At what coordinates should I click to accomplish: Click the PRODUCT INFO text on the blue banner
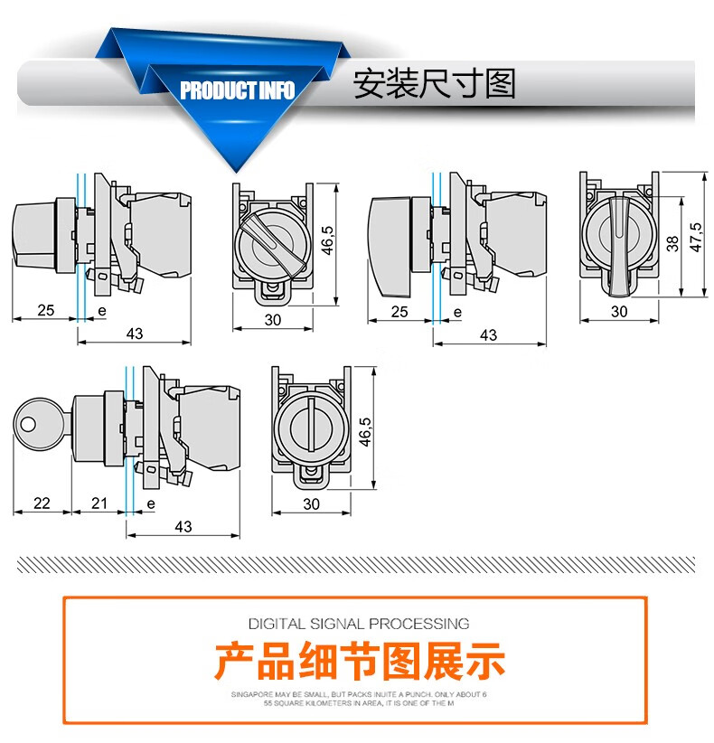(237, 91)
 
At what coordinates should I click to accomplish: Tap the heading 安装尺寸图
(434, 84)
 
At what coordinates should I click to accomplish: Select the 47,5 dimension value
(694, 232)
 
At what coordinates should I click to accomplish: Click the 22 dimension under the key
(41, 503)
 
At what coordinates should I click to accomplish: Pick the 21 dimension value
(99, 503)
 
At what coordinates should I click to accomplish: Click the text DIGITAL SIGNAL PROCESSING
(359, 623)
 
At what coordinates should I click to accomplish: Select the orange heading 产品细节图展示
(359, 661)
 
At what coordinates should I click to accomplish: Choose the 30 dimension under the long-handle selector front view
(619, 311)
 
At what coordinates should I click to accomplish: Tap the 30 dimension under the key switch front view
(312, 503)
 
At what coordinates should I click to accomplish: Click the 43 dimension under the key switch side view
(183, 526)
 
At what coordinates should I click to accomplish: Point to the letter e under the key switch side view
(150, 503)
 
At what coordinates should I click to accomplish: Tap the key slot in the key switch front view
(312, 425)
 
